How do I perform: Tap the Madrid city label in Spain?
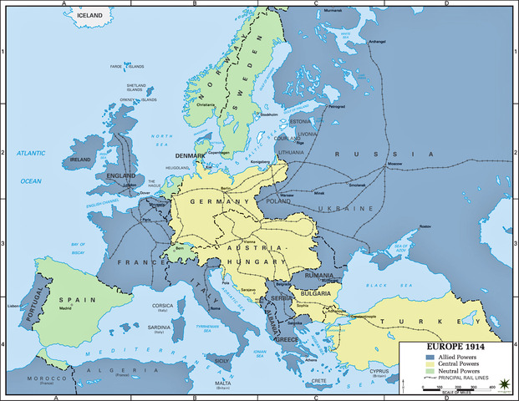point(65,307)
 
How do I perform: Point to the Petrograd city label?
point(337,107)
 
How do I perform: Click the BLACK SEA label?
point(394,284)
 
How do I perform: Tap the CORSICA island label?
point(162,306)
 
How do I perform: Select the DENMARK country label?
point(192,155)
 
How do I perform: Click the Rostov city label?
point(425,227)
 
